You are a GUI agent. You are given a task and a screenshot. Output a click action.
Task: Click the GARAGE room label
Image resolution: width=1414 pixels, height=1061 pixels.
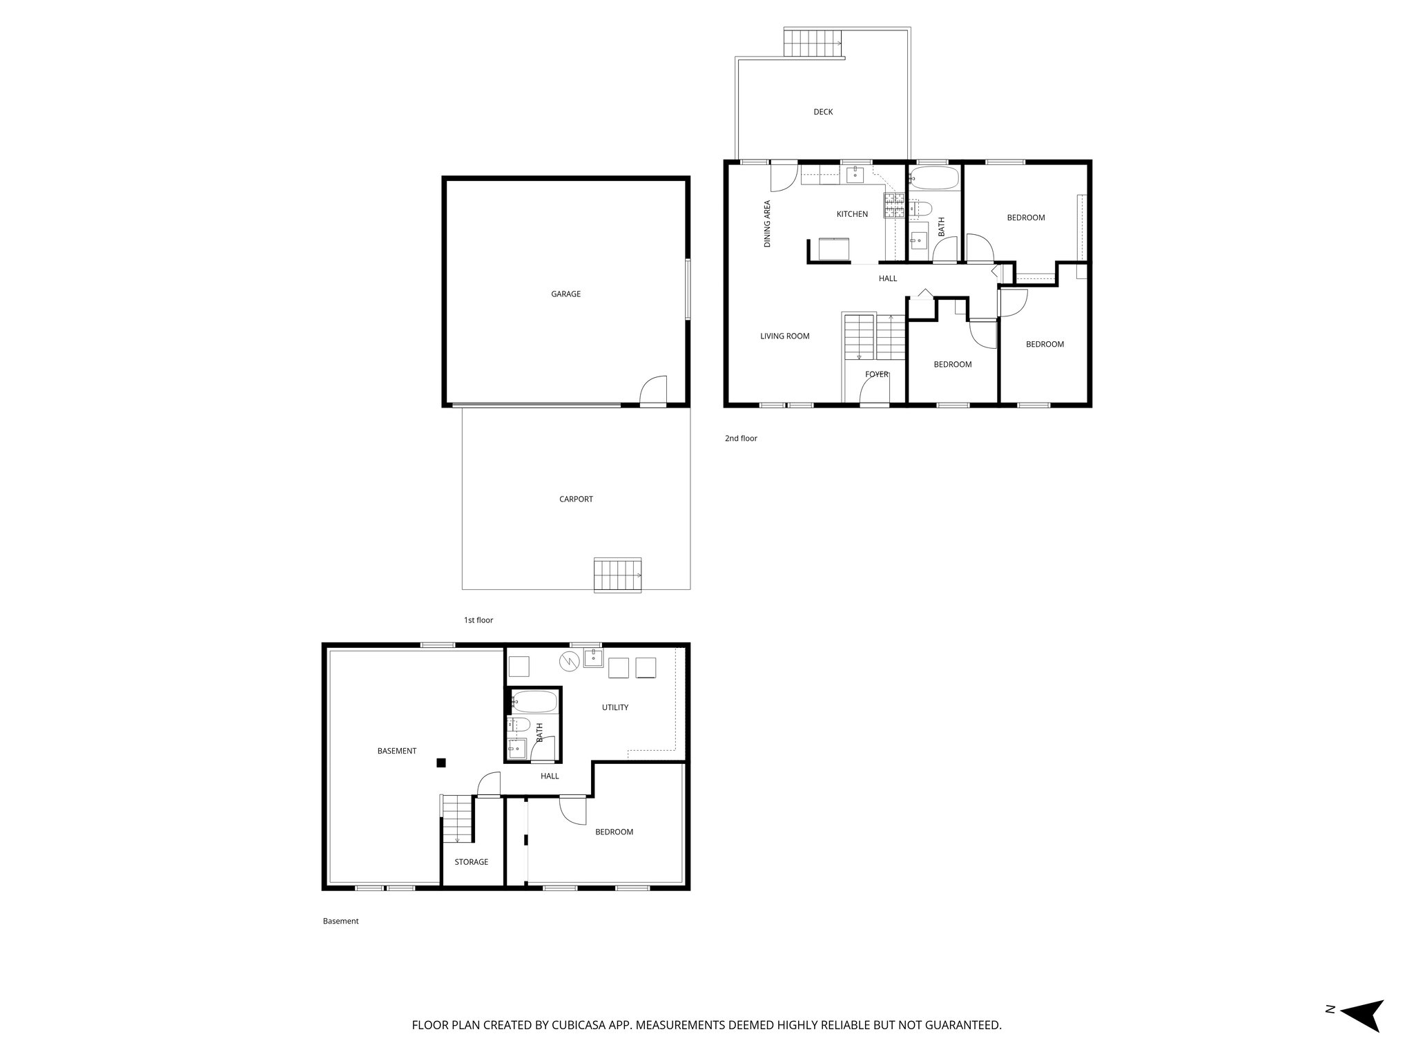click(565, 294)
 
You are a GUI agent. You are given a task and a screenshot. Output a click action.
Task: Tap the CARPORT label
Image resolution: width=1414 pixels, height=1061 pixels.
click(576, 499)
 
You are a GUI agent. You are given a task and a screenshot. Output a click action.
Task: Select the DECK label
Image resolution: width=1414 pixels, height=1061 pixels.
click(823, 112)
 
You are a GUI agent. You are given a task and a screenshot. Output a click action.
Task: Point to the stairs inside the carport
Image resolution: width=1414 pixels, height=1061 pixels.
click(618, 575)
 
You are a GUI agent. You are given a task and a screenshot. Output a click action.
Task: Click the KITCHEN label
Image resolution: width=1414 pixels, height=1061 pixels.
click(852, 214)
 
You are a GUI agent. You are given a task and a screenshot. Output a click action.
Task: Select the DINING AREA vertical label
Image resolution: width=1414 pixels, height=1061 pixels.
click(767, 224)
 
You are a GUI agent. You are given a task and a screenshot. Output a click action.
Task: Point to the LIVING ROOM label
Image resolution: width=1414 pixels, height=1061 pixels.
click(784, 336)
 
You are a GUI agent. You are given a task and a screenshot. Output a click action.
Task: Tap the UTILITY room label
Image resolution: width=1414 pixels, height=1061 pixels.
click(614, 707)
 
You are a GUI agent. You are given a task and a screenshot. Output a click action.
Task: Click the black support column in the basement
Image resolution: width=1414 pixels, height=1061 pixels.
click(441, 763)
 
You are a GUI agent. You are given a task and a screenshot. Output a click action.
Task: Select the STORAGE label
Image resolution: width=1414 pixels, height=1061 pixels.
click(471, 862)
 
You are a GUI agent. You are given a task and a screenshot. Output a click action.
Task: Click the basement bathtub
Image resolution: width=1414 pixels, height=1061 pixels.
click(533, 702)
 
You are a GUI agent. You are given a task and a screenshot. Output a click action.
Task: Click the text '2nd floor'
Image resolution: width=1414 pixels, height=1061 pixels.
click(741, 439)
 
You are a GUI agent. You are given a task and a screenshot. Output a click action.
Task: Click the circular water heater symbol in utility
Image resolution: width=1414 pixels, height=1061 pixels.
click(569, 661)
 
